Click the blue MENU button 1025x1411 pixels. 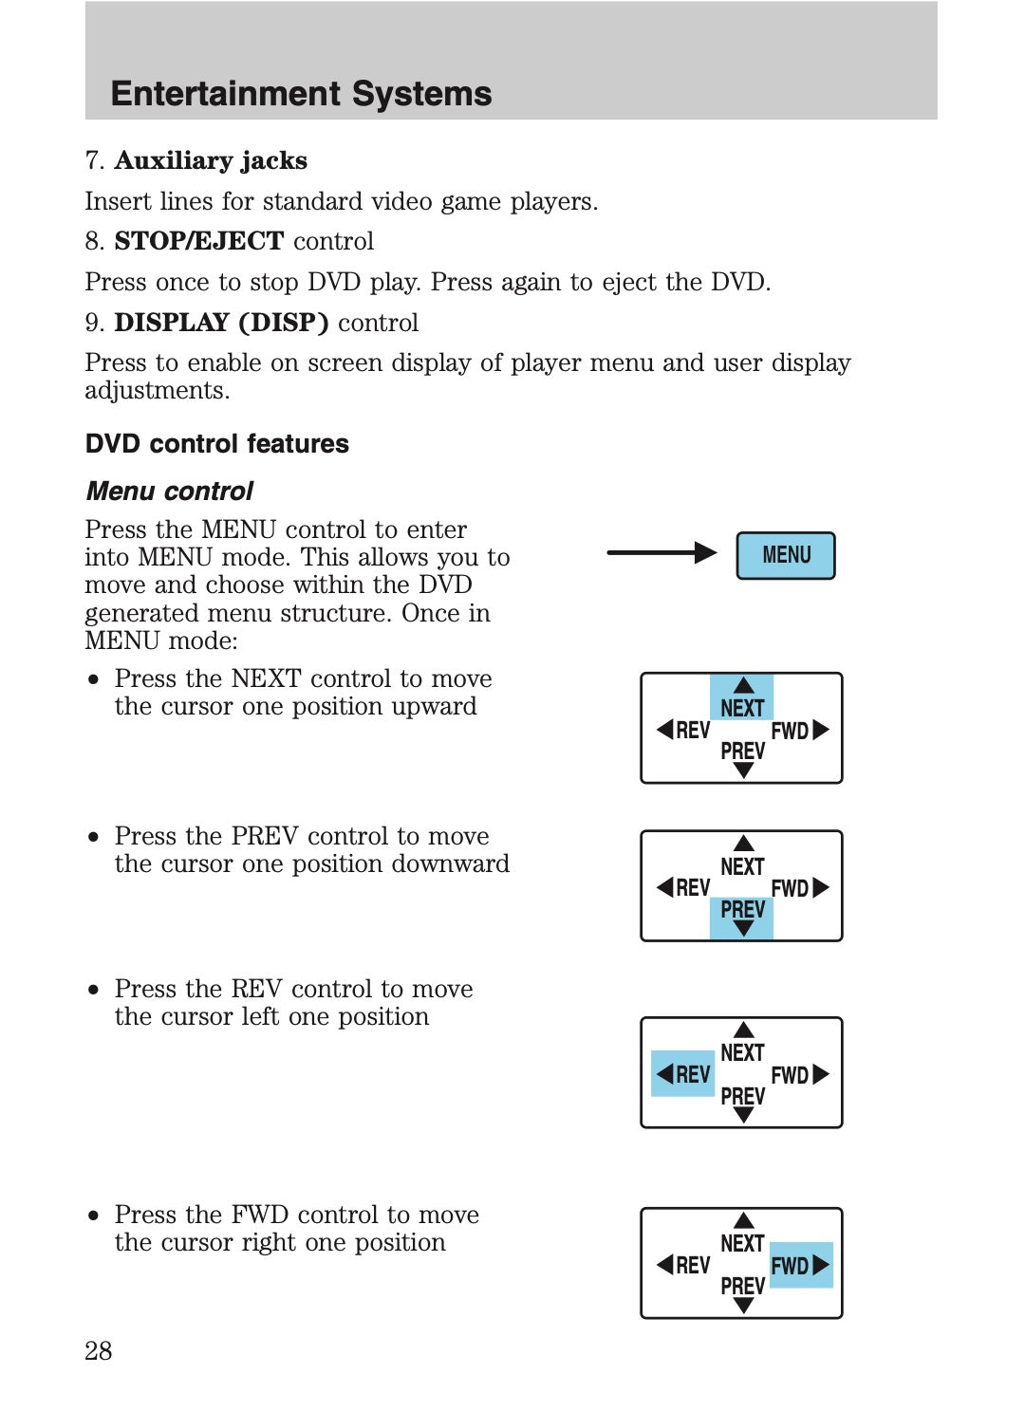coord(786,555)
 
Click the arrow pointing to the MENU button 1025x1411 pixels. coord(662,553)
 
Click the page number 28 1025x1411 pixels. coord(99,1350)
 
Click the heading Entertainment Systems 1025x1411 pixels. coord(301,94)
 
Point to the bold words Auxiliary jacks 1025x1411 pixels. coord(211,160)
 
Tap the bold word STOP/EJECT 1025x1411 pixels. coord(198,241)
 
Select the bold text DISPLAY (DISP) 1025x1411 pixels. coord(221,323)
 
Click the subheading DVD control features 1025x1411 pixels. coord(217,444)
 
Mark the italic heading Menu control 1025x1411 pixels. coord(170,492)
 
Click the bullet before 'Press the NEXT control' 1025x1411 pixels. coord(93,680)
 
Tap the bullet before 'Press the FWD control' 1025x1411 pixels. coord(93,1216)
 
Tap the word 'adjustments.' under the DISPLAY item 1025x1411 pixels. coord(157,391)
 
